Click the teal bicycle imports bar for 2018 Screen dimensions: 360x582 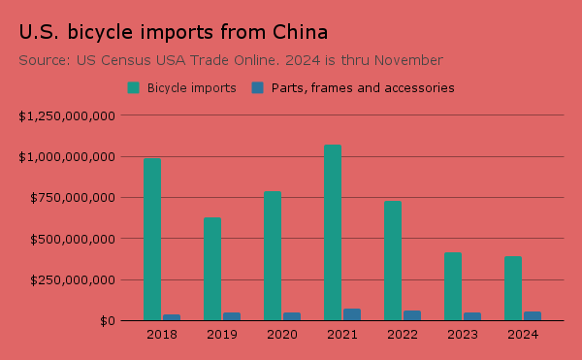(152, 239)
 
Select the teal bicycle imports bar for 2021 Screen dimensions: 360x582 (333, 233)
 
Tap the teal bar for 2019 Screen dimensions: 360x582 (212, 269)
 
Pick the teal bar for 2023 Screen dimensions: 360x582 (453, 286)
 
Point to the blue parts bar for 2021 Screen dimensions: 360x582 (352, 314)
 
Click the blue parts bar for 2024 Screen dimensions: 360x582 (533, 315)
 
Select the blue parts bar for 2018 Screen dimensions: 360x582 (172, 316)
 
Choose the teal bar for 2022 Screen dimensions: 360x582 (393, 260)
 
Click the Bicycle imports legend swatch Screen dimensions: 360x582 (134, 87)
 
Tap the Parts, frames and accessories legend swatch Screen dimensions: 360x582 (258, 87)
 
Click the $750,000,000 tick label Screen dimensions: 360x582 (74, 198)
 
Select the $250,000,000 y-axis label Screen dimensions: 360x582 (74, 279)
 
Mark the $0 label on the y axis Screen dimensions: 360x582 (109, 321)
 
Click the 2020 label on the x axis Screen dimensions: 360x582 (281, 335)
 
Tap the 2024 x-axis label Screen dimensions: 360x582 (522, 335)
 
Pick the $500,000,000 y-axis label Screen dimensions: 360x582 (74, 239)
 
